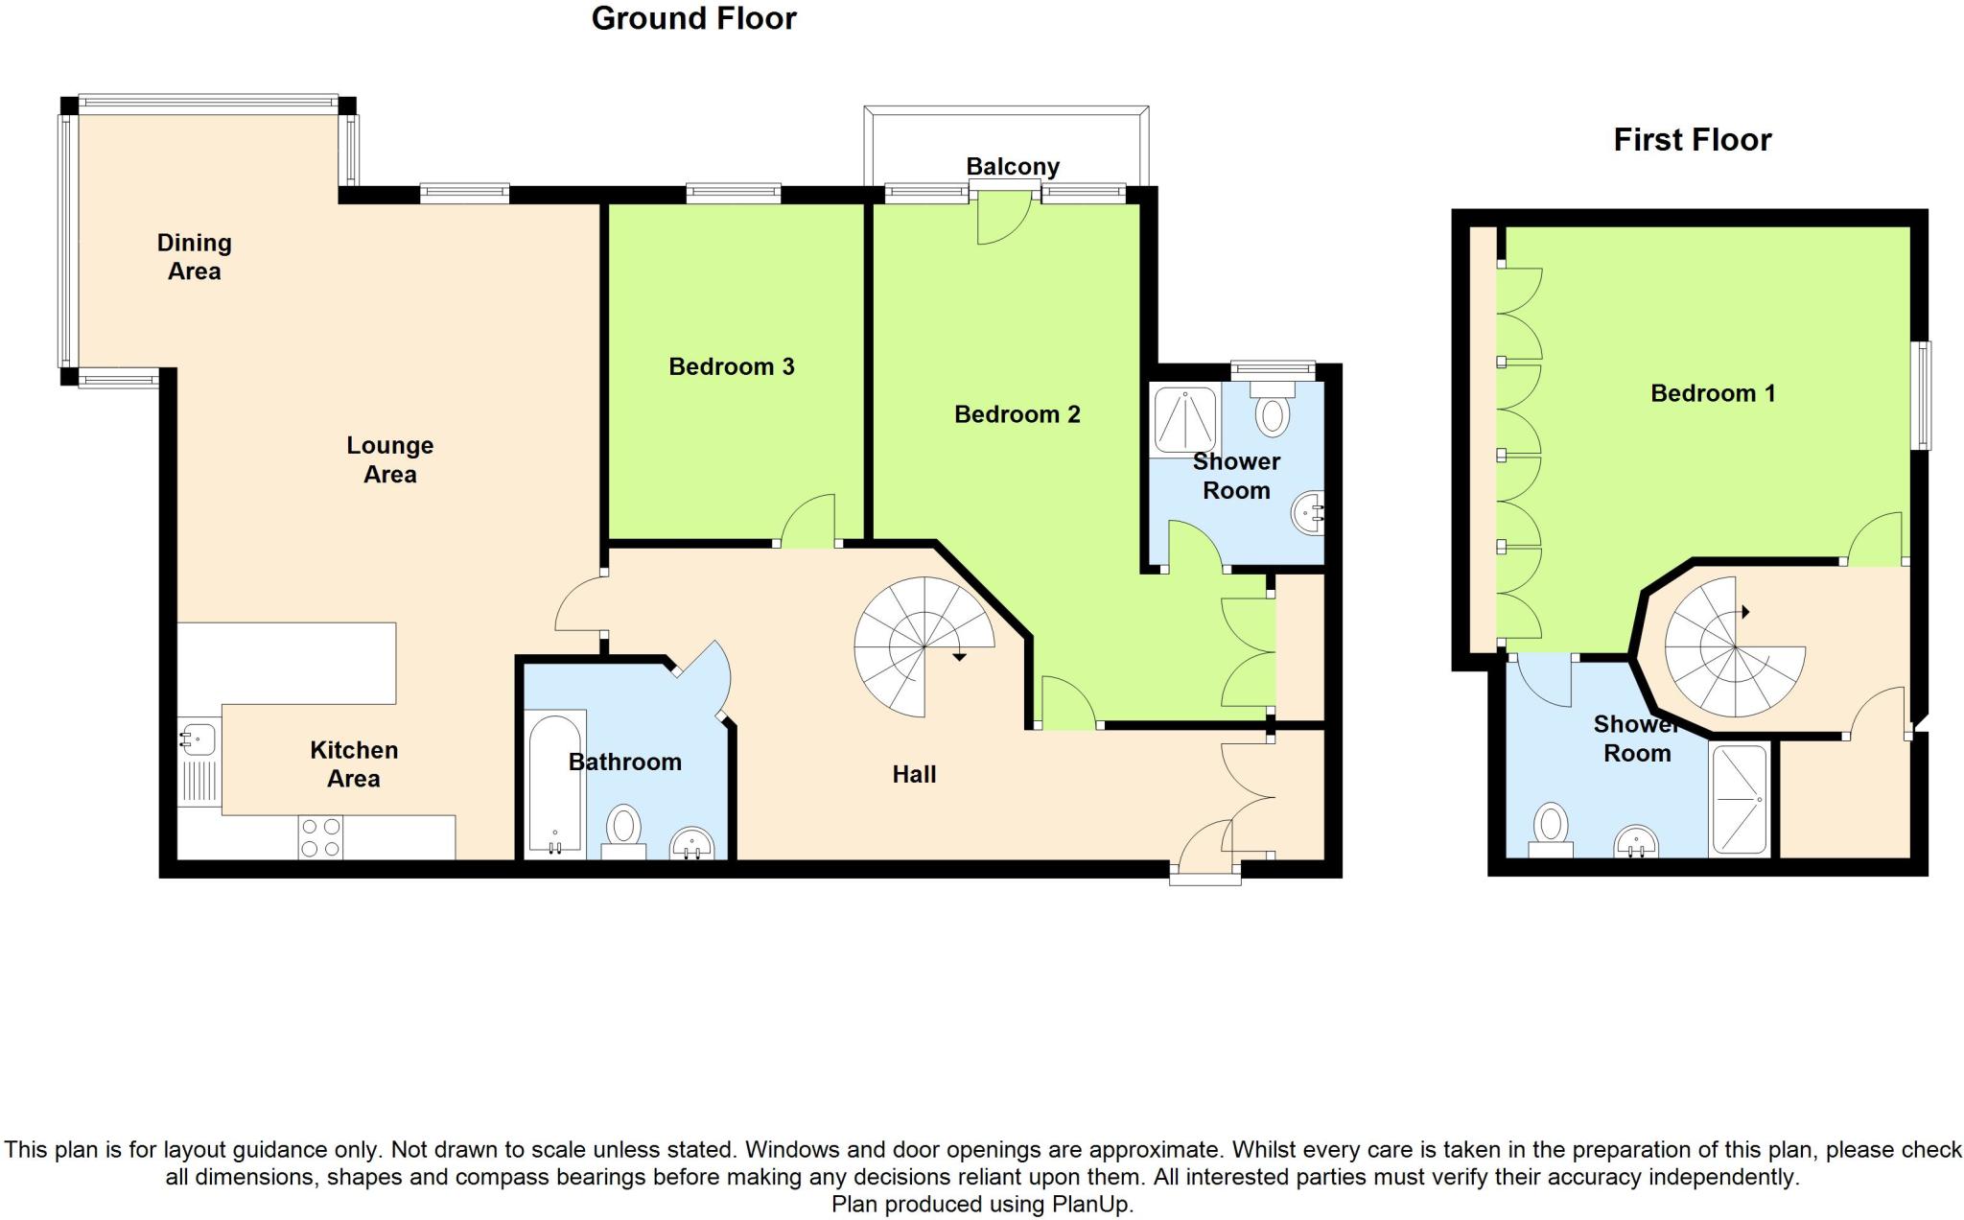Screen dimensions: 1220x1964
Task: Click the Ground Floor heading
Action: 693,18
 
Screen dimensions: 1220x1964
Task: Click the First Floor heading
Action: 1692,140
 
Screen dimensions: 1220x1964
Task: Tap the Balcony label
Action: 1013,167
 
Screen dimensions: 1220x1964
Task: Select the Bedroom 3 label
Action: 731,366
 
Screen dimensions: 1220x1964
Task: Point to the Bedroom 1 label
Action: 1713,393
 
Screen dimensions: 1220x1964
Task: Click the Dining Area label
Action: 194,257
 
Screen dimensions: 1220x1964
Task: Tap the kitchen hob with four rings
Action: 320,837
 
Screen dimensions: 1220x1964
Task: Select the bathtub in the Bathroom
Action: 555,782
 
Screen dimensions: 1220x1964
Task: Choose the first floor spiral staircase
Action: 1735,647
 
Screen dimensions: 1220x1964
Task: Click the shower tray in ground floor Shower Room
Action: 1185,419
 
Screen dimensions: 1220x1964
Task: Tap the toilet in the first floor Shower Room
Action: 1551,829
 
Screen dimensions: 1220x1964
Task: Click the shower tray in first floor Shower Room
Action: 1739,799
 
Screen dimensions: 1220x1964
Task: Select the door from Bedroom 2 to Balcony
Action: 1003,219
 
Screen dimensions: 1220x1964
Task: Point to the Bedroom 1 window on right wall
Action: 1923,395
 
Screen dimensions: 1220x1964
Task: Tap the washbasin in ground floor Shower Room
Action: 1308,515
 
